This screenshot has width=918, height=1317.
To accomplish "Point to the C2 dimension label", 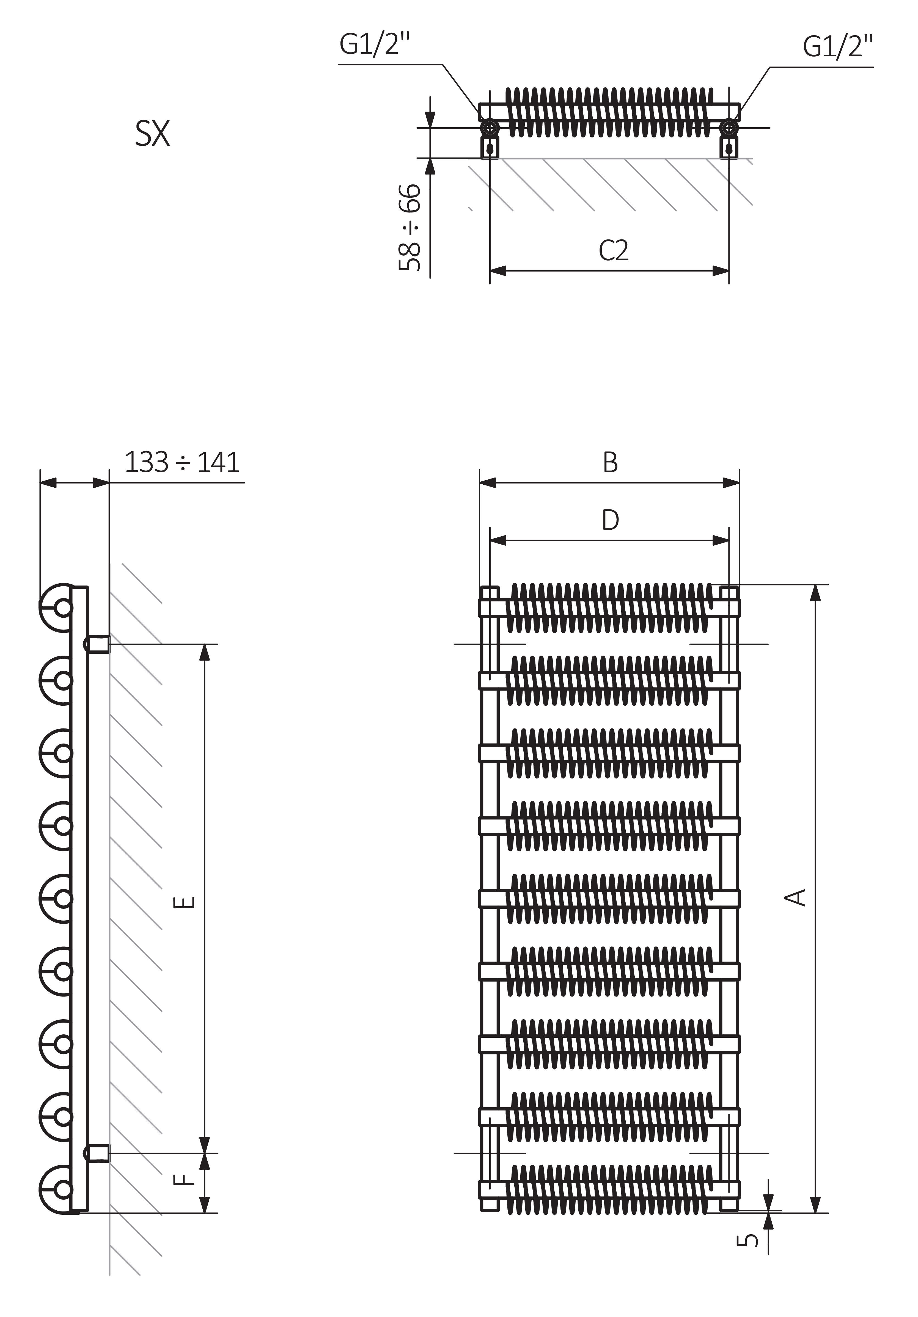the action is (613, 251).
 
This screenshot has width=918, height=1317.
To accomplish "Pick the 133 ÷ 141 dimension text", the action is (182, 462).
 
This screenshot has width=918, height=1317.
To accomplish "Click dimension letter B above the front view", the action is (611, 462).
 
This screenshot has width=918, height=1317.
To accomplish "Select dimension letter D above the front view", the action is (611, 520).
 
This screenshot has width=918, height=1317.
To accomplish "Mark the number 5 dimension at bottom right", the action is (747, 1240).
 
